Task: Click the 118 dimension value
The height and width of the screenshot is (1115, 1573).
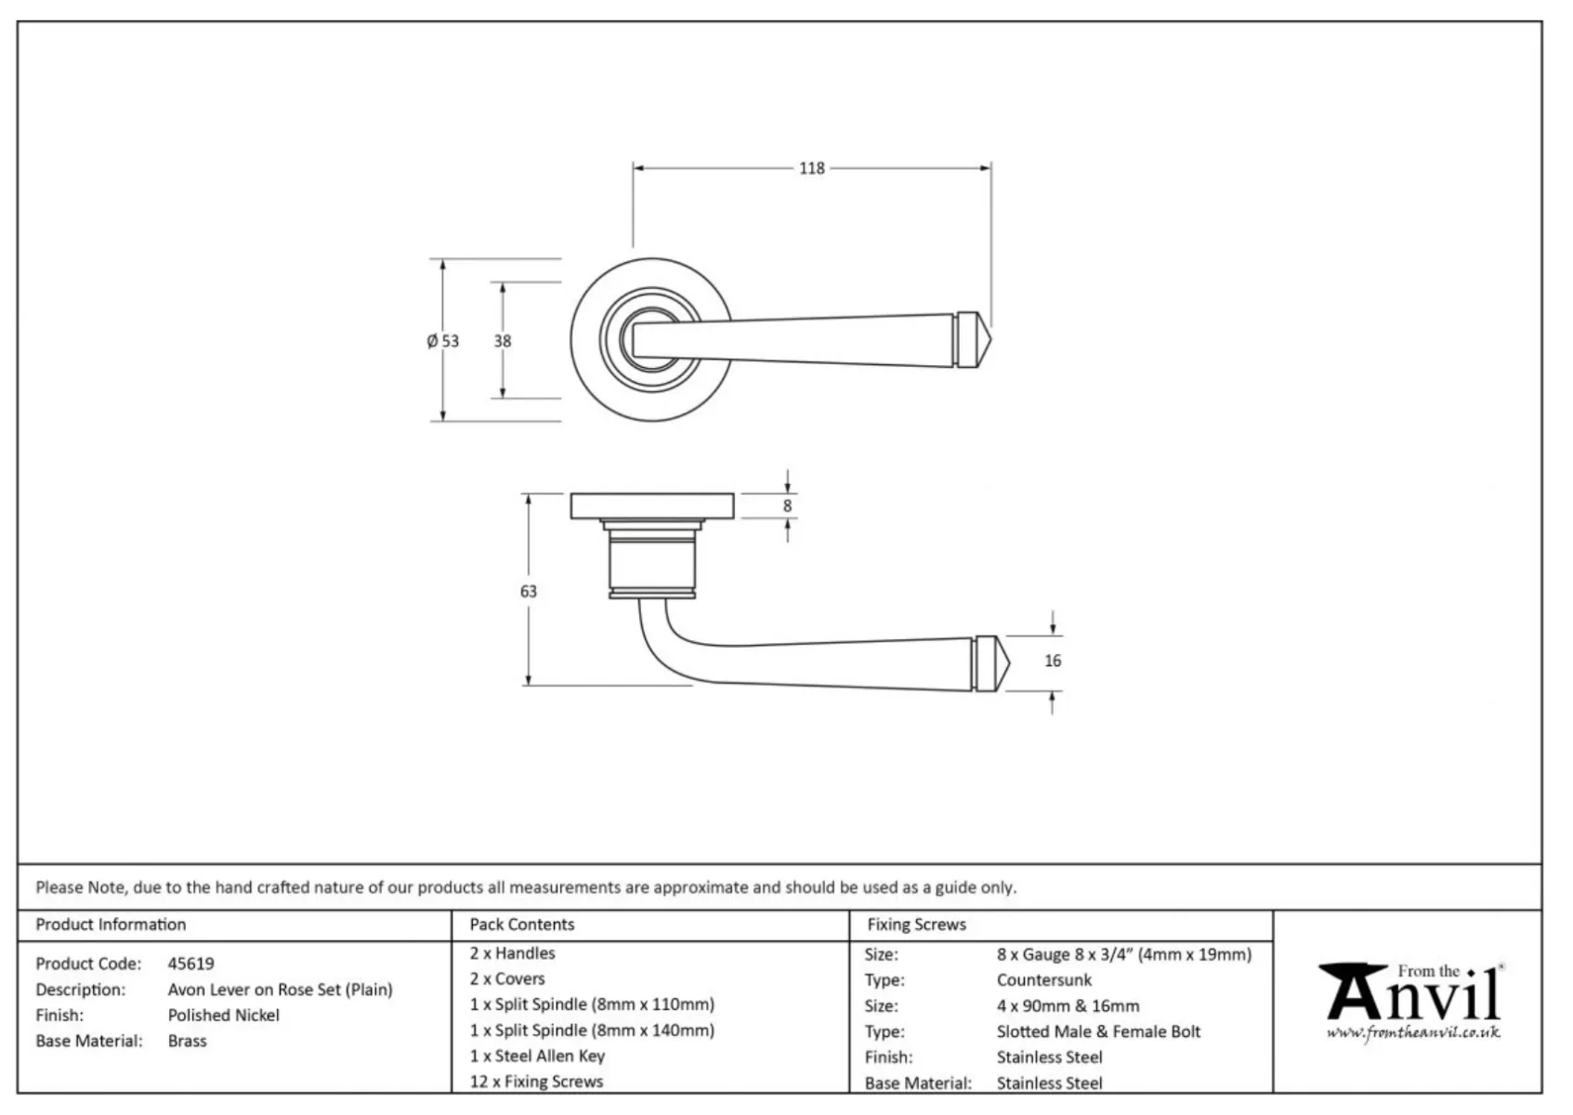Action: tap(811, 168)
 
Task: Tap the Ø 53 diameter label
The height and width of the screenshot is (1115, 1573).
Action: tap(443, 341)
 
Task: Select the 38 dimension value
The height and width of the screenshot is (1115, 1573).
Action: tap(503, 341)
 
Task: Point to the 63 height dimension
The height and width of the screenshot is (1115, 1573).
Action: tap(529, 591)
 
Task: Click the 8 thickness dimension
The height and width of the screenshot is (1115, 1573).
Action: tap(788, 506)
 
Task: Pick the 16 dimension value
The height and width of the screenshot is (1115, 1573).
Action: tap(1053, 661)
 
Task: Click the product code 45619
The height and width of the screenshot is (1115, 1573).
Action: tap(190, 964)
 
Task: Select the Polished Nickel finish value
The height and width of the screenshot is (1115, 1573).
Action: tap(223, 1015)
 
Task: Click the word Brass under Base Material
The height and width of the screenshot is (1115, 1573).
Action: tap(187, 1041)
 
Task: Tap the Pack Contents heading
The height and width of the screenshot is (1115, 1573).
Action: tap(522, 925)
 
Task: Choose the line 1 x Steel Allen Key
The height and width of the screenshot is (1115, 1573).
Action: tap(537, 1056)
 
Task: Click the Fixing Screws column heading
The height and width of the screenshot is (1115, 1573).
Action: tap(916, 925)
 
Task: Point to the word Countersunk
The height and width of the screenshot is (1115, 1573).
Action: tap(1044, 979)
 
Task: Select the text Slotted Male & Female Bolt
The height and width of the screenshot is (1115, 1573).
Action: tap(1098, 1031)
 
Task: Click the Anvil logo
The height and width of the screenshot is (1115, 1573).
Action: tap(1413, 994)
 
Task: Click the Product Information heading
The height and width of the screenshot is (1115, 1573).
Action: tap(111, 925)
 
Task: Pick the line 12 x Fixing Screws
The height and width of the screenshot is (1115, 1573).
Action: tap(536, 1082)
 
